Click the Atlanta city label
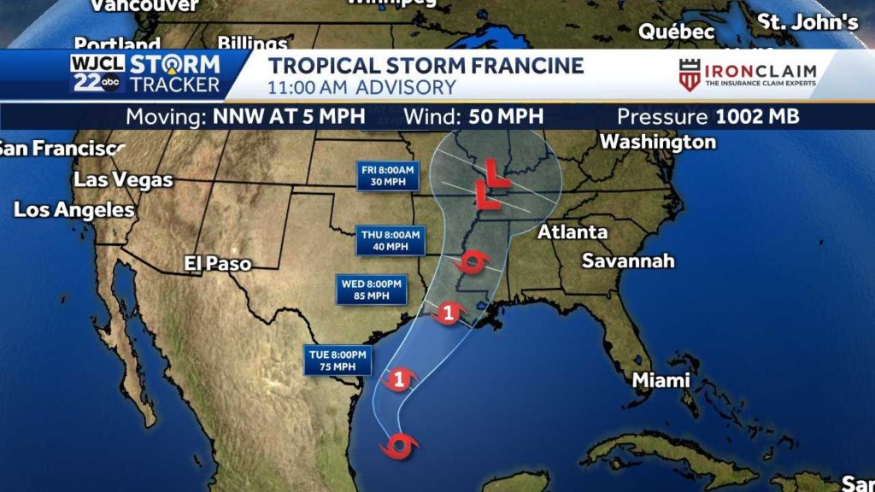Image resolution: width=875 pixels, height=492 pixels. coord(573,232)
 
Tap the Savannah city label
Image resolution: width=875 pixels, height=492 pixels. coord(628,261)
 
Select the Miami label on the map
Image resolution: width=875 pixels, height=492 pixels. coord(661,380)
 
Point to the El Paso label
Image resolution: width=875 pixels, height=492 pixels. coord(218,264)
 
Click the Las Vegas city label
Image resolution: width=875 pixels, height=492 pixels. coord(123,180)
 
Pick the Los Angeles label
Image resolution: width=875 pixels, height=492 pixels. coord(74,209)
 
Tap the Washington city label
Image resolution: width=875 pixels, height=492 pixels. coord(658,142)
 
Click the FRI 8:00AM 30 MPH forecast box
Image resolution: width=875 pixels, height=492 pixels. coord(387,176)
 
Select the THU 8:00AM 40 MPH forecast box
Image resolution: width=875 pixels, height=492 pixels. coord(391,240)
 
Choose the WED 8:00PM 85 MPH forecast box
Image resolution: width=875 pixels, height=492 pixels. coord(372,290)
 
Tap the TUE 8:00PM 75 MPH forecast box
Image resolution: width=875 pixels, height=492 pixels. coord(339,360)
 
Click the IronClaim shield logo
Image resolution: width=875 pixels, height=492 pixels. coord(690,75)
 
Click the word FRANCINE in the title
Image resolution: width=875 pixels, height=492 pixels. coord(520,66)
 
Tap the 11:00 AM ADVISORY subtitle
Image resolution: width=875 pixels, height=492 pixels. coord(361,87)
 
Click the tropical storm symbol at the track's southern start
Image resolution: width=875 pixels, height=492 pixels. coord(400,445)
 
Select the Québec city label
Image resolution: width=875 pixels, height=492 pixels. coord(677,32)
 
